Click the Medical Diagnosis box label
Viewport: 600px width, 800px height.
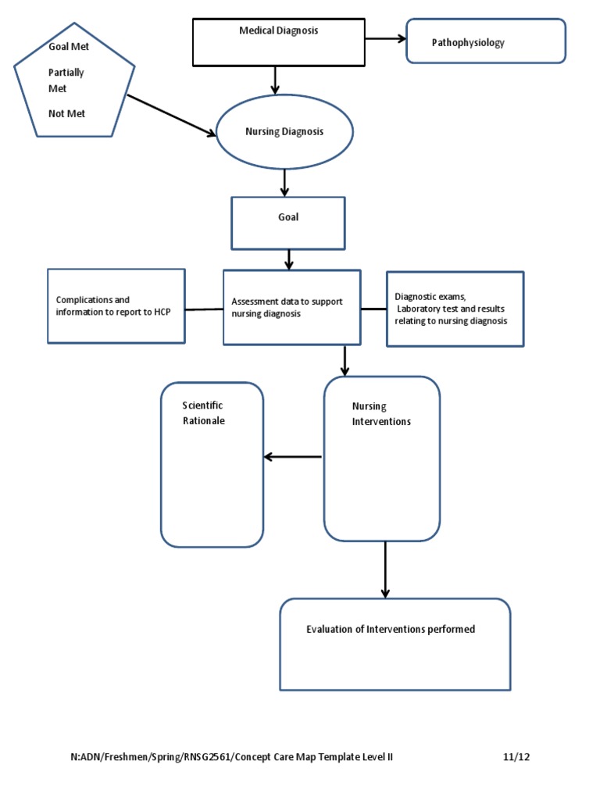coord(278,30)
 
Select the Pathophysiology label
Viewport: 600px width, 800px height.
coord(468,43)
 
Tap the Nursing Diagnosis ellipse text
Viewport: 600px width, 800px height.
coord(284,131)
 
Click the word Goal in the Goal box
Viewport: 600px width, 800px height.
coord(288,217)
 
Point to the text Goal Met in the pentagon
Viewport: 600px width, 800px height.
coord(69,46)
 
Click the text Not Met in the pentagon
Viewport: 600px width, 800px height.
coord(66,113)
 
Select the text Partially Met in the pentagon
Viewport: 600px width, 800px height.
coord(66,80)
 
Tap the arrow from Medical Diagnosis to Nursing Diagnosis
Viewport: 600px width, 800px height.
coord(275,79)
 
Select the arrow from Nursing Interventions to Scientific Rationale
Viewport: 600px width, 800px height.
coord(293,457)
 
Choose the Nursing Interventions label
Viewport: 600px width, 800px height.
coord(380,413)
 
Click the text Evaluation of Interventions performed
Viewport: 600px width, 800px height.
coord(390,629)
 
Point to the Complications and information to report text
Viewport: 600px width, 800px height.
coord(113,306)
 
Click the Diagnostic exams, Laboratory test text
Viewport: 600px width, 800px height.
coord(451,309)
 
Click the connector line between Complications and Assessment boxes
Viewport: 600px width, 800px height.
coord(204,309)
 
